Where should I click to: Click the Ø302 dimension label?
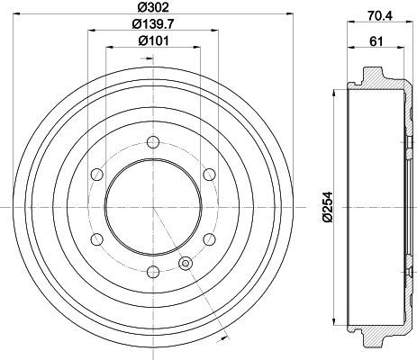(x=153, y=7)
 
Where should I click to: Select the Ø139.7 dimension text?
(x=153, y=23)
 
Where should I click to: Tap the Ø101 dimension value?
(x=153, y=40)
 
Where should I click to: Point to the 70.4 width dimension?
(x=379, y=15)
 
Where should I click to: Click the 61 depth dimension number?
(x=376, y=41)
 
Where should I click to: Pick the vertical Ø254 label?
(x=328, y=207)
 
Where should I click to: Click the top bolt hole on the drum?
(x=153, y=142)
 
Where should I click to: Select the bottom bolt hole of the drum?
(x=153, y=272)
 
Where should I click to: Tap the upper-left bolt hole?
(x=97, y=175)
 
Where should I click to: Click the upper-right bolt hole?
(x=210, y=175)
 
